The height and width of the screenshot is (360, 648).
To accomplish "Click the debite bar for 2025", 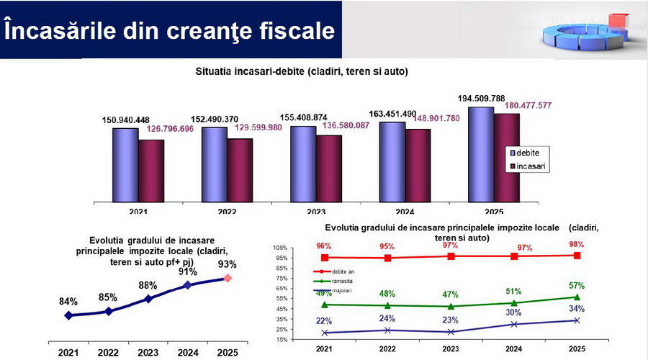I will pos(480,154).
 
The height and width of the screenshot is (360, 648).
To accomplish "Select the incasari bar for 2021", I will pos(151,171).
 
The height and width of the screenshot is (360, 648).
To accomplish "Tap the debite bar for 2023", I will pos(302,163).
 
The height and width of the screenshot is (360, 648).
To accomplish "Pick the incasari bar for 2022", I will pos(240,170).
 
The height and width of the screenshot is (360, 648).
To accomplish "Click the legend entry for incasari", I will pos(529,167).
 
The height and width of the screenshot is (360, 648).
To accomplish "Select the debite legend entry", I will pos(527,153).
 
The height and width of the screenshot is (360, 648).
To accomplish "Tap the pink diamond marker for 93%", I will pos(228,278).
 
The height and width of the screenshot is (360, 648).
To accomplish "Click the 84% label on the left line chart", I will pos(68,302).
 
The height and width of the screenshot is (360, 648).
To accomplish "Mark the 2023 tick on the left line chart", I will pos(148,354).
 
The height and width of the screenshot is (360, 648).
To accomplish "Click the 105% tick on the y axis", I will pos(279,247).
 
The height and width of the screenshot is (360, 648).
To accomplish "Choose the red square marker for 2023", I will pos(451,256).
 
